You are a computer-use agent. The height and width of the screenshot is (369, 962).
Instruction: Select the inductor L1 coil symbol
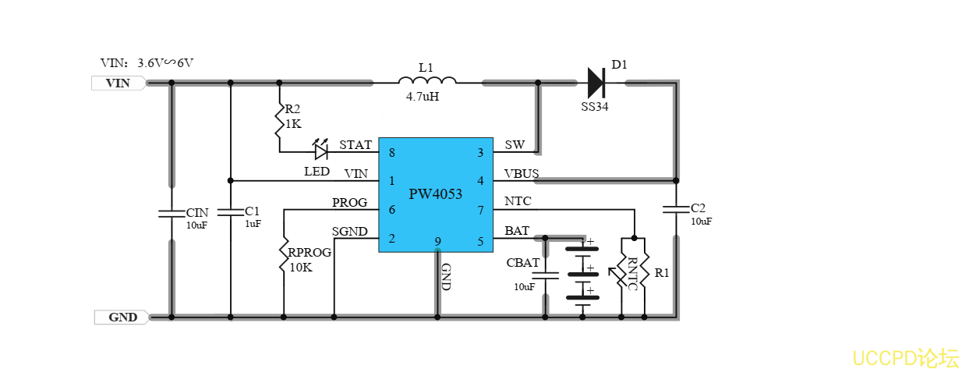point(426,80)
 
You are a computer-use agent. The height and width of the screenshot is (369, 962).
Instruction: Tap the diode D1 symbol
point(596,82)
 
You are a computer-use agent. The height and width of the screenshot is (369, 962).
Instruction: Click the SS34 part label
point(595,107)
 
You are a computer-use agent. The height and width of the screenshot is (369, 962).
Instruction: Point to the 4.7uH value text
point(423,98)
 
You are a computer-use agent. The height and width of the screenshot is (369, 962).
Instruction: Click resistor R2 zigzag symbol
point(279,121)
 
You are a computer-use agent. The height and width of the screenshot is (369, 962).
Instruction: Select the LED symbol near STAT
point(320,151)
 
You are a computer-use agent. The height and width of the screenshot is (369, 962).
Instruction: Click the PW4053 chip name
point(436,194)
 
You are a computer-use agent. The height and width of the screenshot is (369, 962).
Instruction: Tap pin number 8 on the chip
point(391,153)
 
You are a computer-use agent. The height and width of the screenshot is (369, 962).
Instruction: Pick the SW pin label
point(515,145)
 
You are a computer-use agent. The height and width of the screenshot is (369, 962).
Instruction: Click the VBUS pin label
point(522,173)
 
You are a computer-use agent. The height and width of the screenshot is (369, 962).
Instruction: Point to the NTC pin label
point(518,201)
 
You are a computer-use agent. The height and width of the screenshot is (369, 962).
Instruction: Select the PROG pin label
point(349,203)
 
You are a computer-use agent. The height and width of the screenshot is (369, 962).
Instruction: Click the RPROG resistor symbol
point(284,255)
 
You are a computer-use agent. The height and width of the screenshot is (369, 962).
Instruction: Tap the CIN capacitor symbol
point(172,213)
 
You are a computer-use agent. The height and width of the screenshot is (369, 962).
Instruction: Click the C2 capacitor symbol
point(675,209)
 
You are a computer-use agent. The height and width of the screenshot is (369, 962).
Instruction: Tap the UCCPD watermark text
point(905,358)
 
